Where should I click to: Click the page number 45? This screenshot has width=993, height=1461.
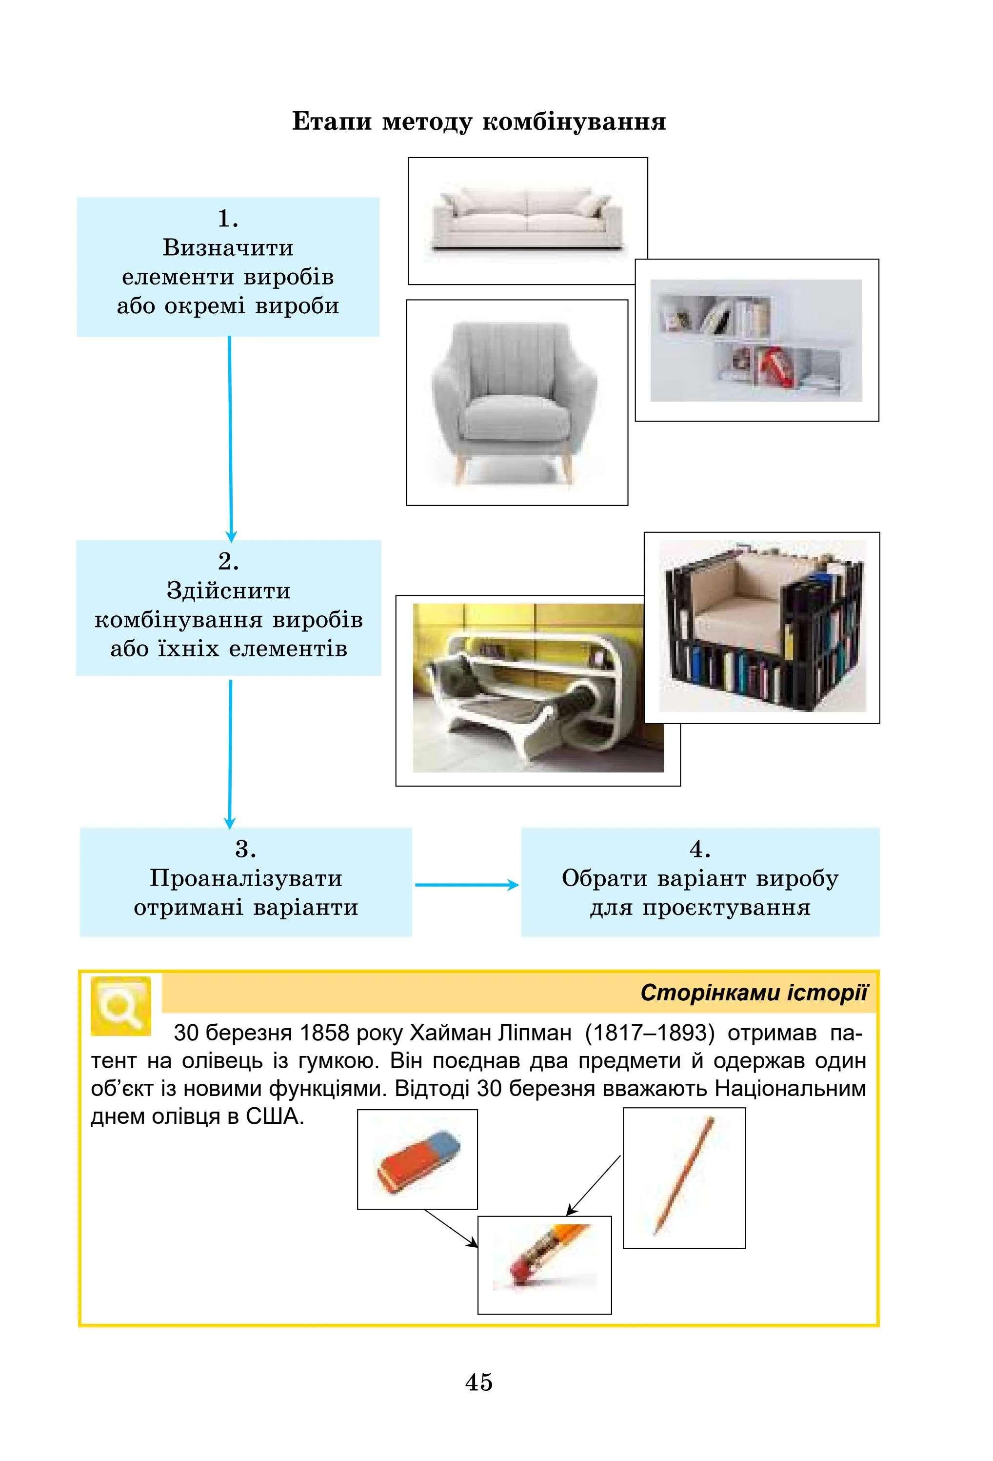coord(478,1382)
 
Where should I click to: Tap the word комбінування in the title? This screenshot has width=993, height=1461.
coord(574,122)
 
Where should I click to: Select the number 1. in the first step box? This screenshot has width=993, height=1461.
coord(227,219)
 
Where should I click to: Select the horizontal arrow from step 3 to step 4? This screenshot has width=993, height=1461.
coord(466,885)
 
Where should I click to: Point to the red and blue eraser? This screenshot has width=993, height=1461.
coord(417,1160)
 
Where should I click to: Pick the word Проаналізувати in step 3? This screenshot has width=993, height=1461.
coord(246,878)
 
